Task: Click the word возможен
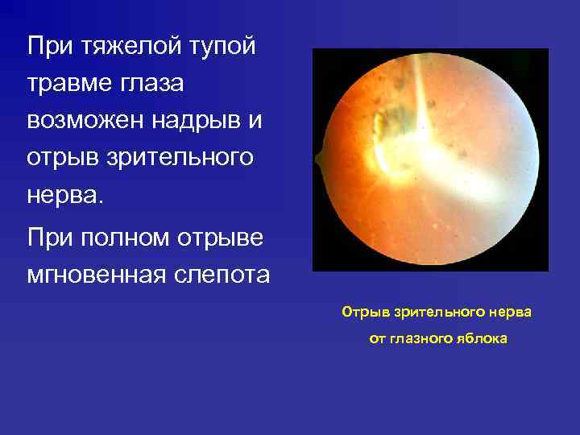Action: point(89,120)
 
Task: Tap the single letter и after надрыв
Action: point(257,120)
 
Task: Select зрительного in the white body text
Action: point(175,157)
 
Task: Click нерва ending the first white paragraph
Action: point(64,194)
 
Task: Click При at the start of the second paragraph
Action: point(50,238)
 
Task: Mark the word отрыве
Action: point(220,238)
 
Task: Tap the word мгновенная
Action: point(94,275)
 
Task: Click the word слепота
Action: point(221,275)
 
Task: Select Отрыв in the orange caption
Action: point(360,311)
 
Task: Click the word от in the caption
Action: point(377,338)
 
